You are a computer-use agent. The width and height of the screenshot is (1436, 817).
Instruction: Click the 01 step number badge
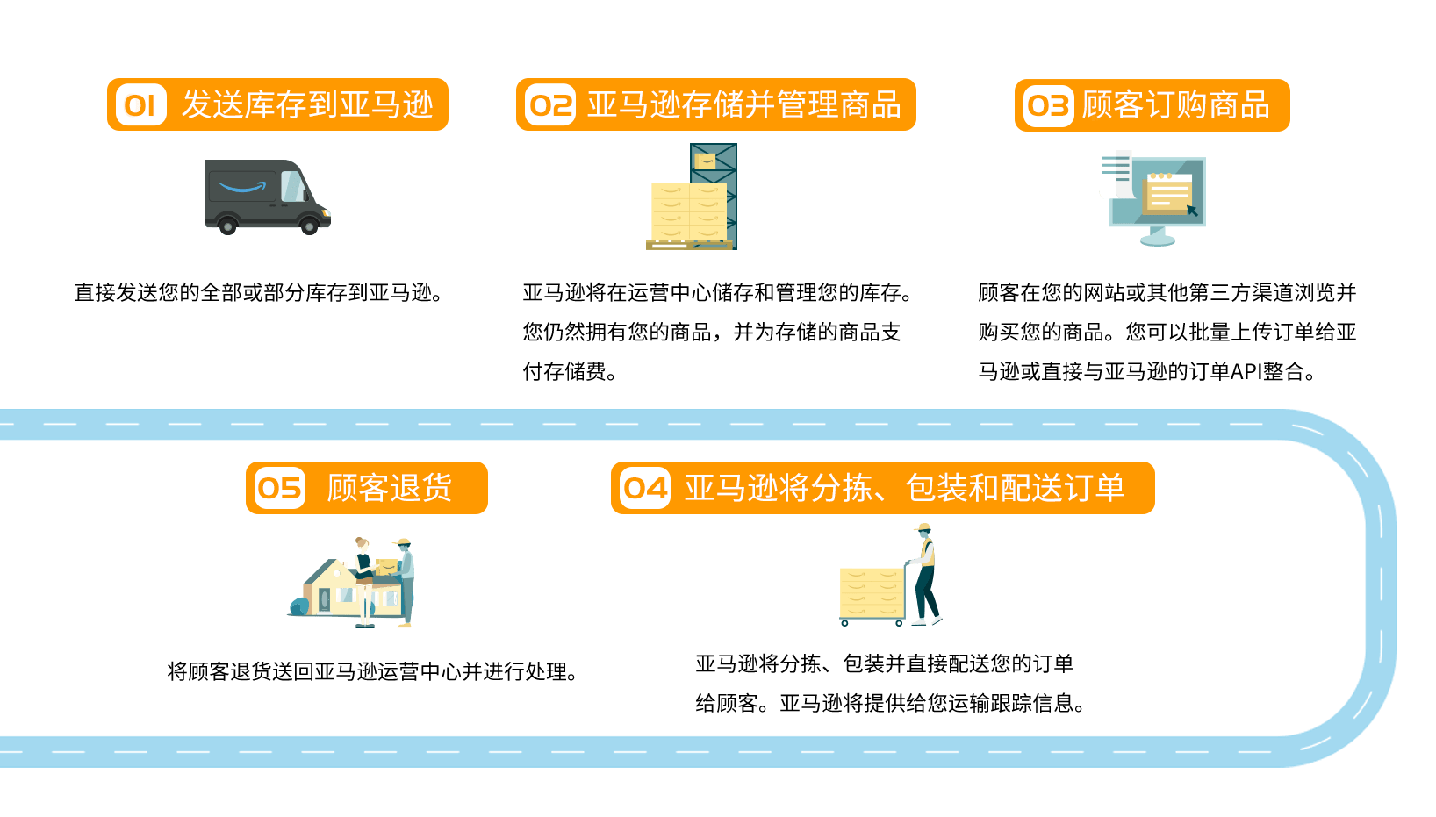click(140, 105)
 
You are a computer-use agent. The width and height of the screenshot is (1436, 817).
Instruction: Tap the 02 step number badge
click(550, 105)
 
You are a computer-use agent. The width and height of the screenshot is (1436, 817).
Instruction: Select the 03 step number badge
click(1048, 106)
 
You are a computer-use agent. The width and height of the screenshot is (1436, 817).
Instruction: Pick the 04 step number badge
click(645, 488)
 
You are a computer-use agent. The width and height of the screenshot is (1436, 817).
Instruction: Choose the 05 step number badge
click(279, 488)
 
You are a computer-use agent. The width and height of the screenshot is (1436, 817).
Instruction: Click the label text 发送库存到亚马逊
click(307, 105)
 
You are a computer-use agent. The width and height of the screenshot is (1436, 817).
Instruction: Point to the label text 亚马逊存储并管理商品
click(743, 105)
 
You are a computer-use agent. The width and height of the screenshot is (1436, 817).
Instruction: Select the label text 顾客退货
click(389, 488)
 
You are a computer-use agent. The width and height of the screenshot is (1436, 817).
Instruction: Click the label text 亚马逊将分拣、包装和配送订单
click(904, 488)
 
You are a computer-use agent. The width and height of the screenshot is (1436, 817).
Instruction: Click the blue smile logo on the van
click(242, 187)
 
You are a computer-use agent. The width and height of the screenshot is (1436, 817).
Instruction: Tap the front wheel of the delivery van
click(309, 226)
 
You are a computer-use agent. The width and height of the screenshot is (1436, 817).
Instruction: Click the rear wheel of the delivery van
click(227, 226)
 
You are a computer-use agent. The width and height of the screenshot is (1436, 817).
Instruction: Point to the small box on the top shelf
click(705, 161)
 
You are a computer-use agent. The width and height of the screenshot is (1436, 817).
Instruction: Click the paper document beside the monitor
click(1115, 174)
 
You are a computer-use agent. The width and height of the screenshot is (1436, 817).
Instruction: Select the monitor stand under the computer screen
click(1157, 237)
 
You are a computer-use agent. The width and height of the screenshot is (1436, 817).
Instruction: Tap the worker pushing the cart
click(924, 575)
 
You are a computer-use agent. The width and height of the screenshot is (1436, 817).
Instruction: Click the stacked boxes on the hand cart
click(872, 592)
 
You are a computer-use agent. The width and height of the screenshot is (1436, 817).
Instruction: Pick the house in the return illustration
click(334, 590)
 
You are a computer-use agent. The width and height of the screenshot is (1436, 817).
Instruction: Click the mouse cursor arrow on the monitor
click(1192, 211)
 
